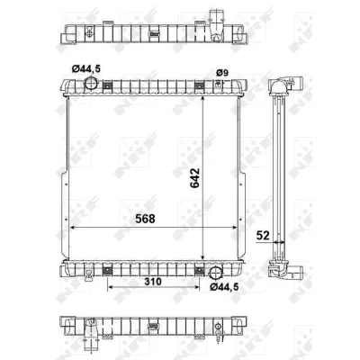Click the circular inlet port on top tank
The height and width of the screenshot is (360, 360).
click(x=91, y=84)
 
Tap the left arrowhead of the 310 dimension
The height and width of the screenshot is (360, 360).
click(x=110, y=289)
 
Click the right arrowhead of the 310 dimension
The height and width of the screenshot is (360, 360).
click(x=199, y=289)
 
